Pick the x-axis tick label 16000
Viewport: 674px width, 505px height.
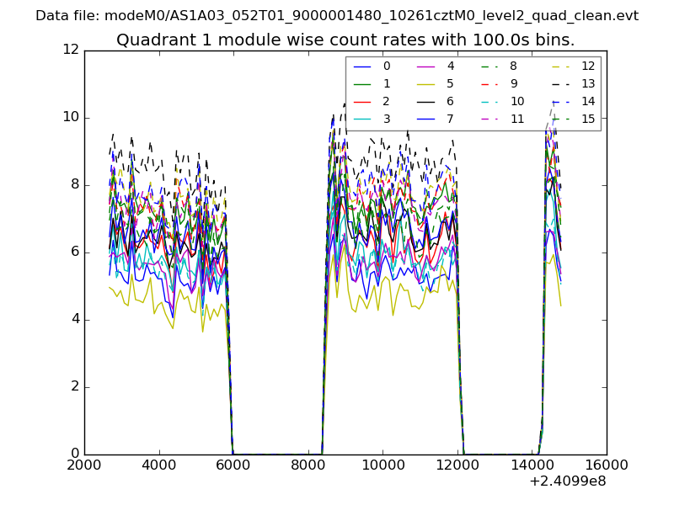[x=607, y=465]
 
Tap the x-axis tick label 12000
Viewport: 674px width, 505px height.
[x=457, y=465]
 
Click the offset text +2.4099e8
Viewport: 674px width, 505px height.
[x=567, y=481]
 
